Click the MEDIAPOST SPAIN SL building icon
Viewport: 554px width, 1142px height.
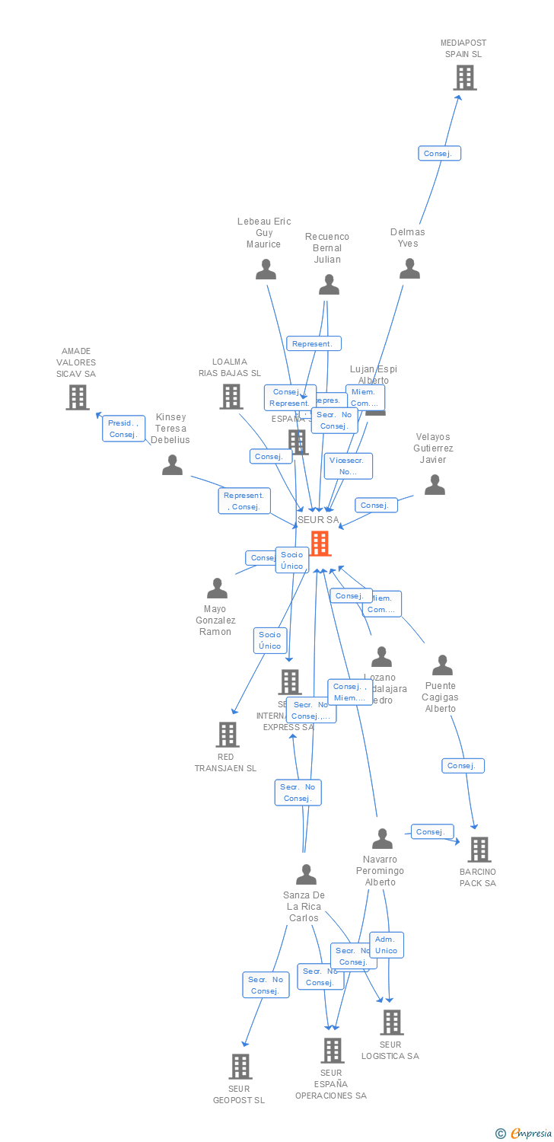tap(464, 78)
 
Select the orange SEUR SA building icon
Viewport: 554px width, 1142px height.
tap(320, 544)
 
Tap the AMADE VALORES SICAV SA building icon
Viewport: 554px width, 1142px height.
tap(77, 397)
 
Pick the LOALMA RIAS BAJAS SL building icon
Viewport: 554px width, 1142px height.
tap(231, 397)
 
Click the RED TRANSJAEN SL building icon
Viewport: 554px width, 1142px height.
tap(228, 735)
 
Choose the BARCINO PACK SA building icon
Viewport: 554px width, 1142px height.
tap(479, 850)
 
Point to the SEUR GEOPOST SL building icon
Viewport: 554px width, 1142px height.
tap(240, 1067)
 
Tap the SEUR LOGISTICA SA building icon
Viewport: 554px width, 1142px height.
tap(392, 1022)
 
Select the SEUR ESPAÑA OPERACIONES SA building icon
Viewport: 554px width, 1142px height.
tap(332, 1051)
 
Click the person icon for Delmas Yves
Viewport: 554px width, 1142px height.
tap(409, 269)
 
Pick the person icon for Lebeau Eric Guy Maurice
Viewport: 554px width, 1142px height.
tap(266, 270)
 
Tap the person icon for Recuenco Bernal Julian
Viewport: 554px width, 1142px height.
tap(329, 285)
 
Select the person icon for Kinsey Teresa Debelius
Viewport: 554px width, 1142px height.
tap(173, 465)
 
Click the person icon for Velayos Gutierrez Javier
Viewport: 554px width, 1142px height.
tap(435, 485)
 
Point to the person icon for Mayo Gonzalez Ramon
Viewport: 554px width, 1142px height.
tap(218, 589)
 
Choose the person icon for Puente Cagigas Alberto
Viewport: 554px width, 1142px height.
tap(442, 665)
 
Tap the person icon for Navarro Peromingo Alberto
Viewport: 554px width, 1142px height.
tap(382, 839)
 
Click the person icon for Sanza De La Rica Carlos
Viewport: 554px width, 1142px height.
tap(306, 875)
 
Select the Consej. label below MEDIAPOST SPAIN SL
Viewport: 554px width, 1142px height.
tap(439, 154)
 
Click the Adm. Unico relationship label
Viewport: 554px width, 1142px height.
tap(387, 945)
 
